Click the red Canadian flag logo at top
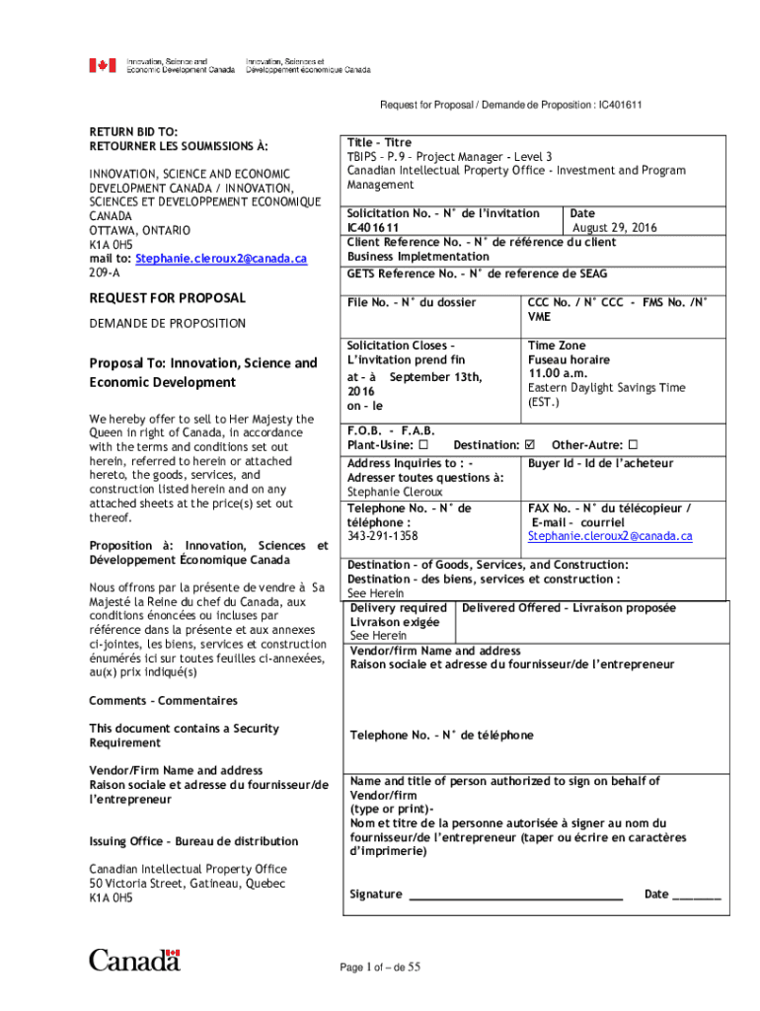pyautogui.click(x=103, y=65)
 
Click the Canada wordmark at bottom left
pyautogui.click(x=135, y=959)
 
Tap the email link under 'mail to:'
pyautogui.click(x=222, y=258)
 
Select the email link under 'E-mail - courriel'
pyautogui.click(x=609, y=536)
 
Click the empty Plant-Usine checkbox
pyautogui.click(x=421, y=445)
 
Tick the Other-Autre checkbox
pyautogui.click(x=634, y=445)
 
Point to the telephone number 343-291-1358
pyautogui.click(x=382, y=536)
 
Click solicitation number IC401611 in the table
pyautogui.click(x=373, y=227)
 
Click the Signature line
pyautogui.click(x=515, y=894)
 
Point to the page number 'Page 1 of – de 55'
pyautogui.click(x=381, y=968)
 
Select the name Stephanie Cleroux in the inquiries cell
pyautogui.click(x=395, y=492)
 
